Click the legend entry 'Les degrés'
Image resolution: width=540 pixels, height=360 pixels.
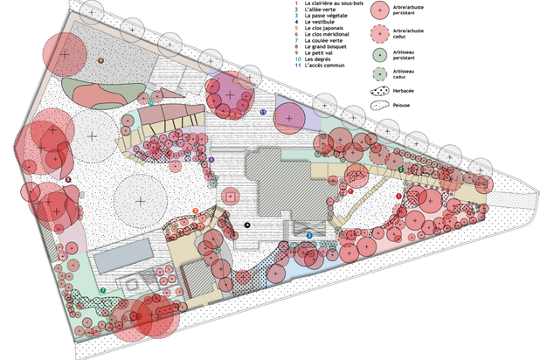click(318, 60)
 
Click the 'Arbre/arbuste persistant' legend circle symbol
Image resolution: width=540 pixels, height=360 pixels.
click(379, 10)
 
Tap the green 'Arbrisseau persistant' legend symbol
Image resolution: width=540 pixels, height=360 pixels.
click(379, 54)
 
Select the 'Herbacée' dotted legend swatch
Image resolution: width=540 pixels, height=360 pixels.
click(379, 90)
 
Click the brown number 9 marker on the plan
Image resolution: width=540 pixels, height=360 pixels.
click(100, 60)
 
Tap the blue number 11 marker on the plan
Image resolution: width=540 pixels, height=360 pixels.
click(263, 112)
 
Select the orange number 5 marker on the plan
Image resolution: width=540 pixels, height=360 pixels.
click(196, 210)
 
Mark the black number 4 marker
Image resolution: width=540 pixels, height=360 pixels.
click(248, 225)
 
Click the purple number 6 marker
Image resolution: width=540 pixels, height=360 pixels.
click(211, 160)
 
